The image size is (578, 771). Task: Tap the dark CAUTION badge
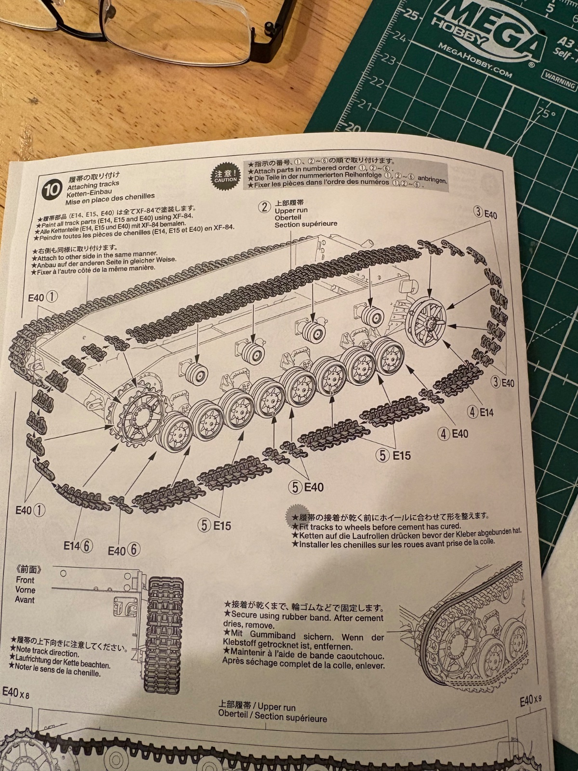pyautogui.click(x=225, y=175)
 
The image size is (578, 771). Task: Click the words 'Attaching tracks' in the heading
pyautogui.click(x=93, y=185)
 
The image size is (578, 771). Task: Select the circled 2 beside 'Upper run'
pyautogui.click(x=264, y=207)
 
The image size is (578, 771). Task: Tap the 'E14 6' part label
pyautogui.click(x=78, y=545)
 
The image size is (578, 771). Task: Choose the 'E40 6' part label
pyautogui.click(x=124, y=550)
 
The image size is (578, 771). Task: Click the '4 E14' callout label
pyautogui.click(x=481, y=412)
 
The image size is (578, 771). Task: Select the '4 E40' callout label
pyautogui.click(x=453, y=434)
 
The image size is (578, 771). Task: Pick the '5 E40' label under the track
pyautogui.click(x=306, y=487)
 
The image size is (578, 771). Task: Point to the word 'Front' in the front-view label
pyautogui.click(x=25, y=580)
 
